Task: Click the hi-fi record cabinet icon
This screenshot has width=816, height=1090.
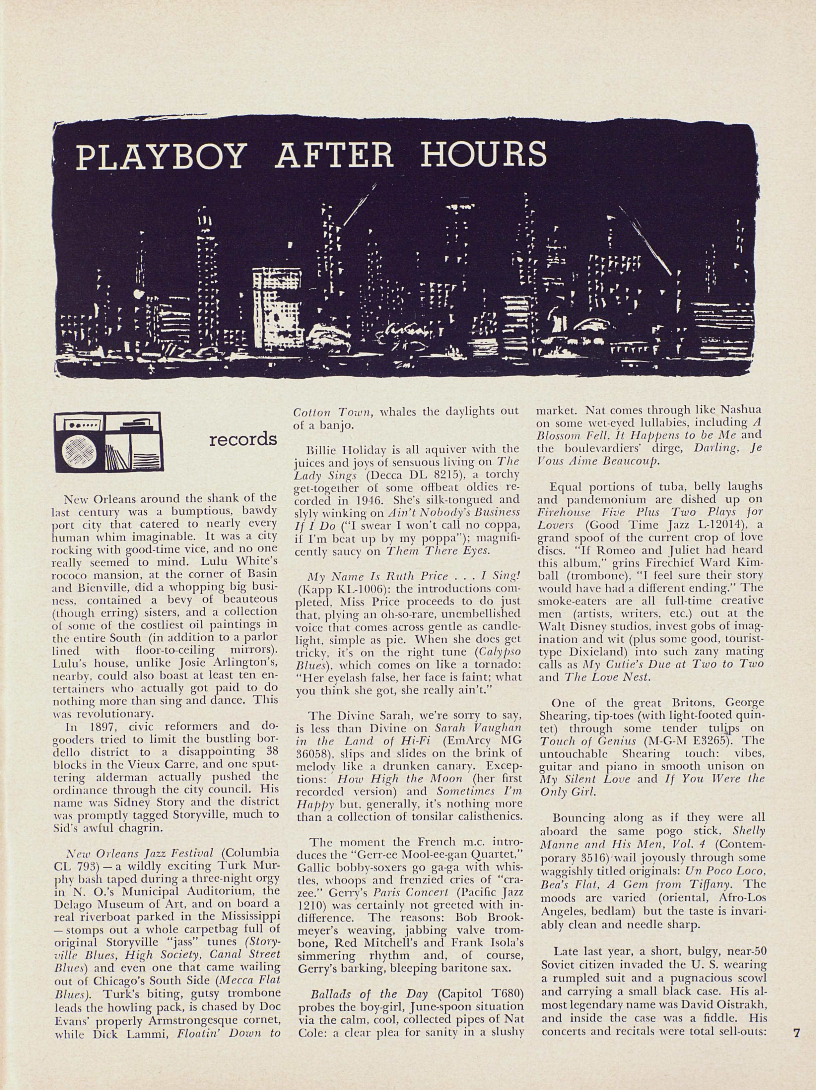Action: coord(109,441)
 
